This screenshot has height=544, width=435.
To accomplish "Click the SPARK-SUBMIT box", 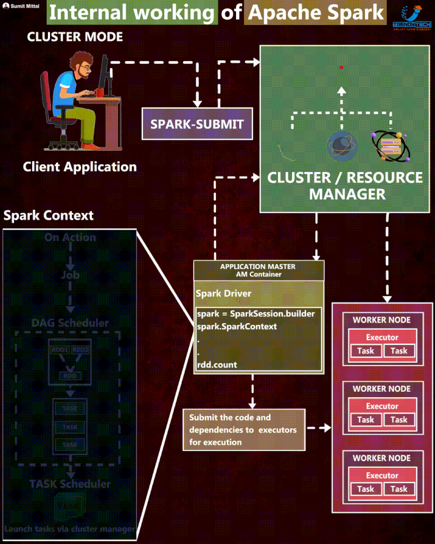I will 197,124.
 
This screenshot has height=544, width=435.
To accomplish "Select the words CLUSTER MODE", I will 75,38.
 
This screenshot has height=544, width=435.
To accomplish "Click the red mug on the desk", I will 100,92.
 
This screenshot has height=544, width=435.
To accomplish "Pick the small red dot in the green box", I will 341,67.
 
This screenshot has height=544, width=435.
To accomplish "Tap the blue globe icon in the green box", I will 341,145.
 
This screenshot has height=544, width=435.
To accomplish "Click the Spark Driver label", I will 223,294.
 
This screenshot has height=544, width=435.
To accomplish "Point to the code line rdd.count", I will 217,364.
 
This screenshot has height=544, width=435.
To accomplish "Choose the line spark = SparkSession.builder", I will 256,314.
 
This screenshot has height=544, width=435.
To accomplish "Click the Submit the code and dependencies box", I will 244,430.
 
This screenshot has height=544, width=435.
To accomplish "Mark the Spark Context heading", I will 48,215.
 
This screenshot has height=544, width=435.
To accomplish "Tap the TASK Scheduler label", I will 70,484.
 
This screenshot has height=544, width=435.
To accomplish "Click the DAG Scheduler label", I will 70,323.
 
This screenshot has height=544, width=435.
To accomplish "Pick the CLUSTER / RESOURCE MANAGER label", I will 345,186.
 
